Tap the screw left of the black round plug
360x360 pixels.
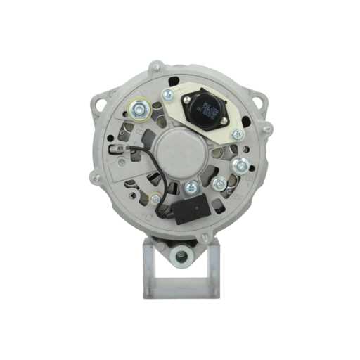pos(168,94)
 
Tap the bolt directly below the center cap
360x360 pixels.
pos(190,188)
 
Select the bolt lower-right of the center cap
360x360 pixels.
pos(219,184)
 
